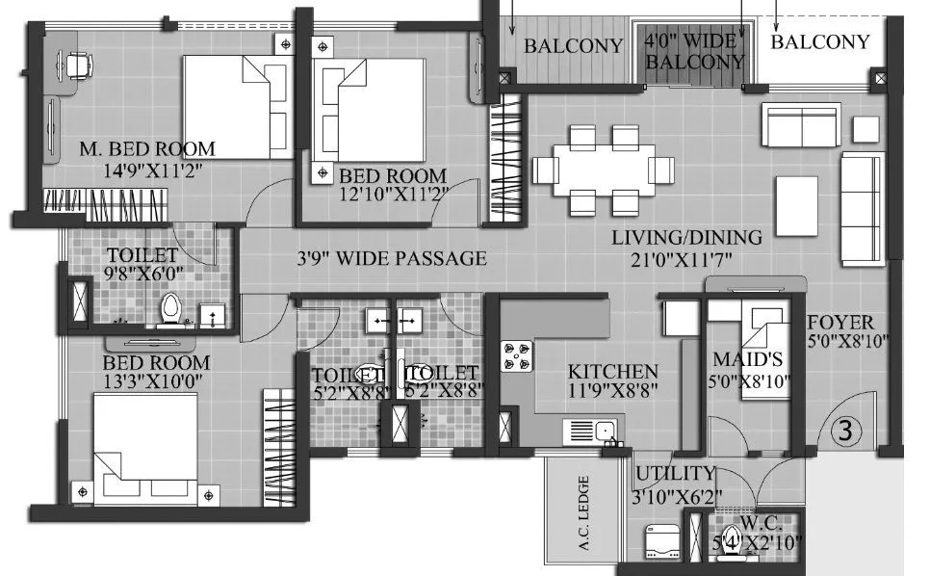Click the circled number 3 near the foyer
coord(845,431)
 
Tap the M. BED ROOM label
coord(147,149)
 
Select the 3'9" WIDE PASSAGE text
coord(390,258)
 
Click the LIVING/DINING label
coord(687,237)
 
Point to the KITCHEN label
coord(613,372)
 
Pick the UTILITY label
coord(674,473)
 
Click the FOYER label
coord(840,323)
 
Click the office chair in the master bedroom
coord(77,65)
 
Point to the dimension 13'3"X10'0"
coord(156,383)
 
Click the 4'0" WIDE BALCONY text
coord(694,51)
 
